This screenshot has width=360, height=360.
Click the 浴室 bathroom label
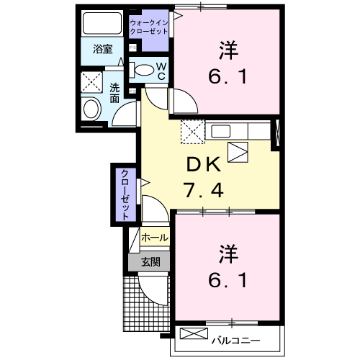click(103, 50)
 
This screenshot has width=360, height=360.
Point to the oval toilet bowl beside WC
click(144, 71)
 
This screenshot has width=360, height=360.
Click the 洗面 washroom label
click(115, 92)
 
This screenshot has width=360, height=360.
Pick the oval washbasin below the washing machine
click(91, 109)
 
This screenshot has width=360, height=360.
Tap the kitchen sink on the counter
click(220, 130)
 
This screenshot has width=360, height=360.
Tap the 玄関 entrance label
click(150, 262)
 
